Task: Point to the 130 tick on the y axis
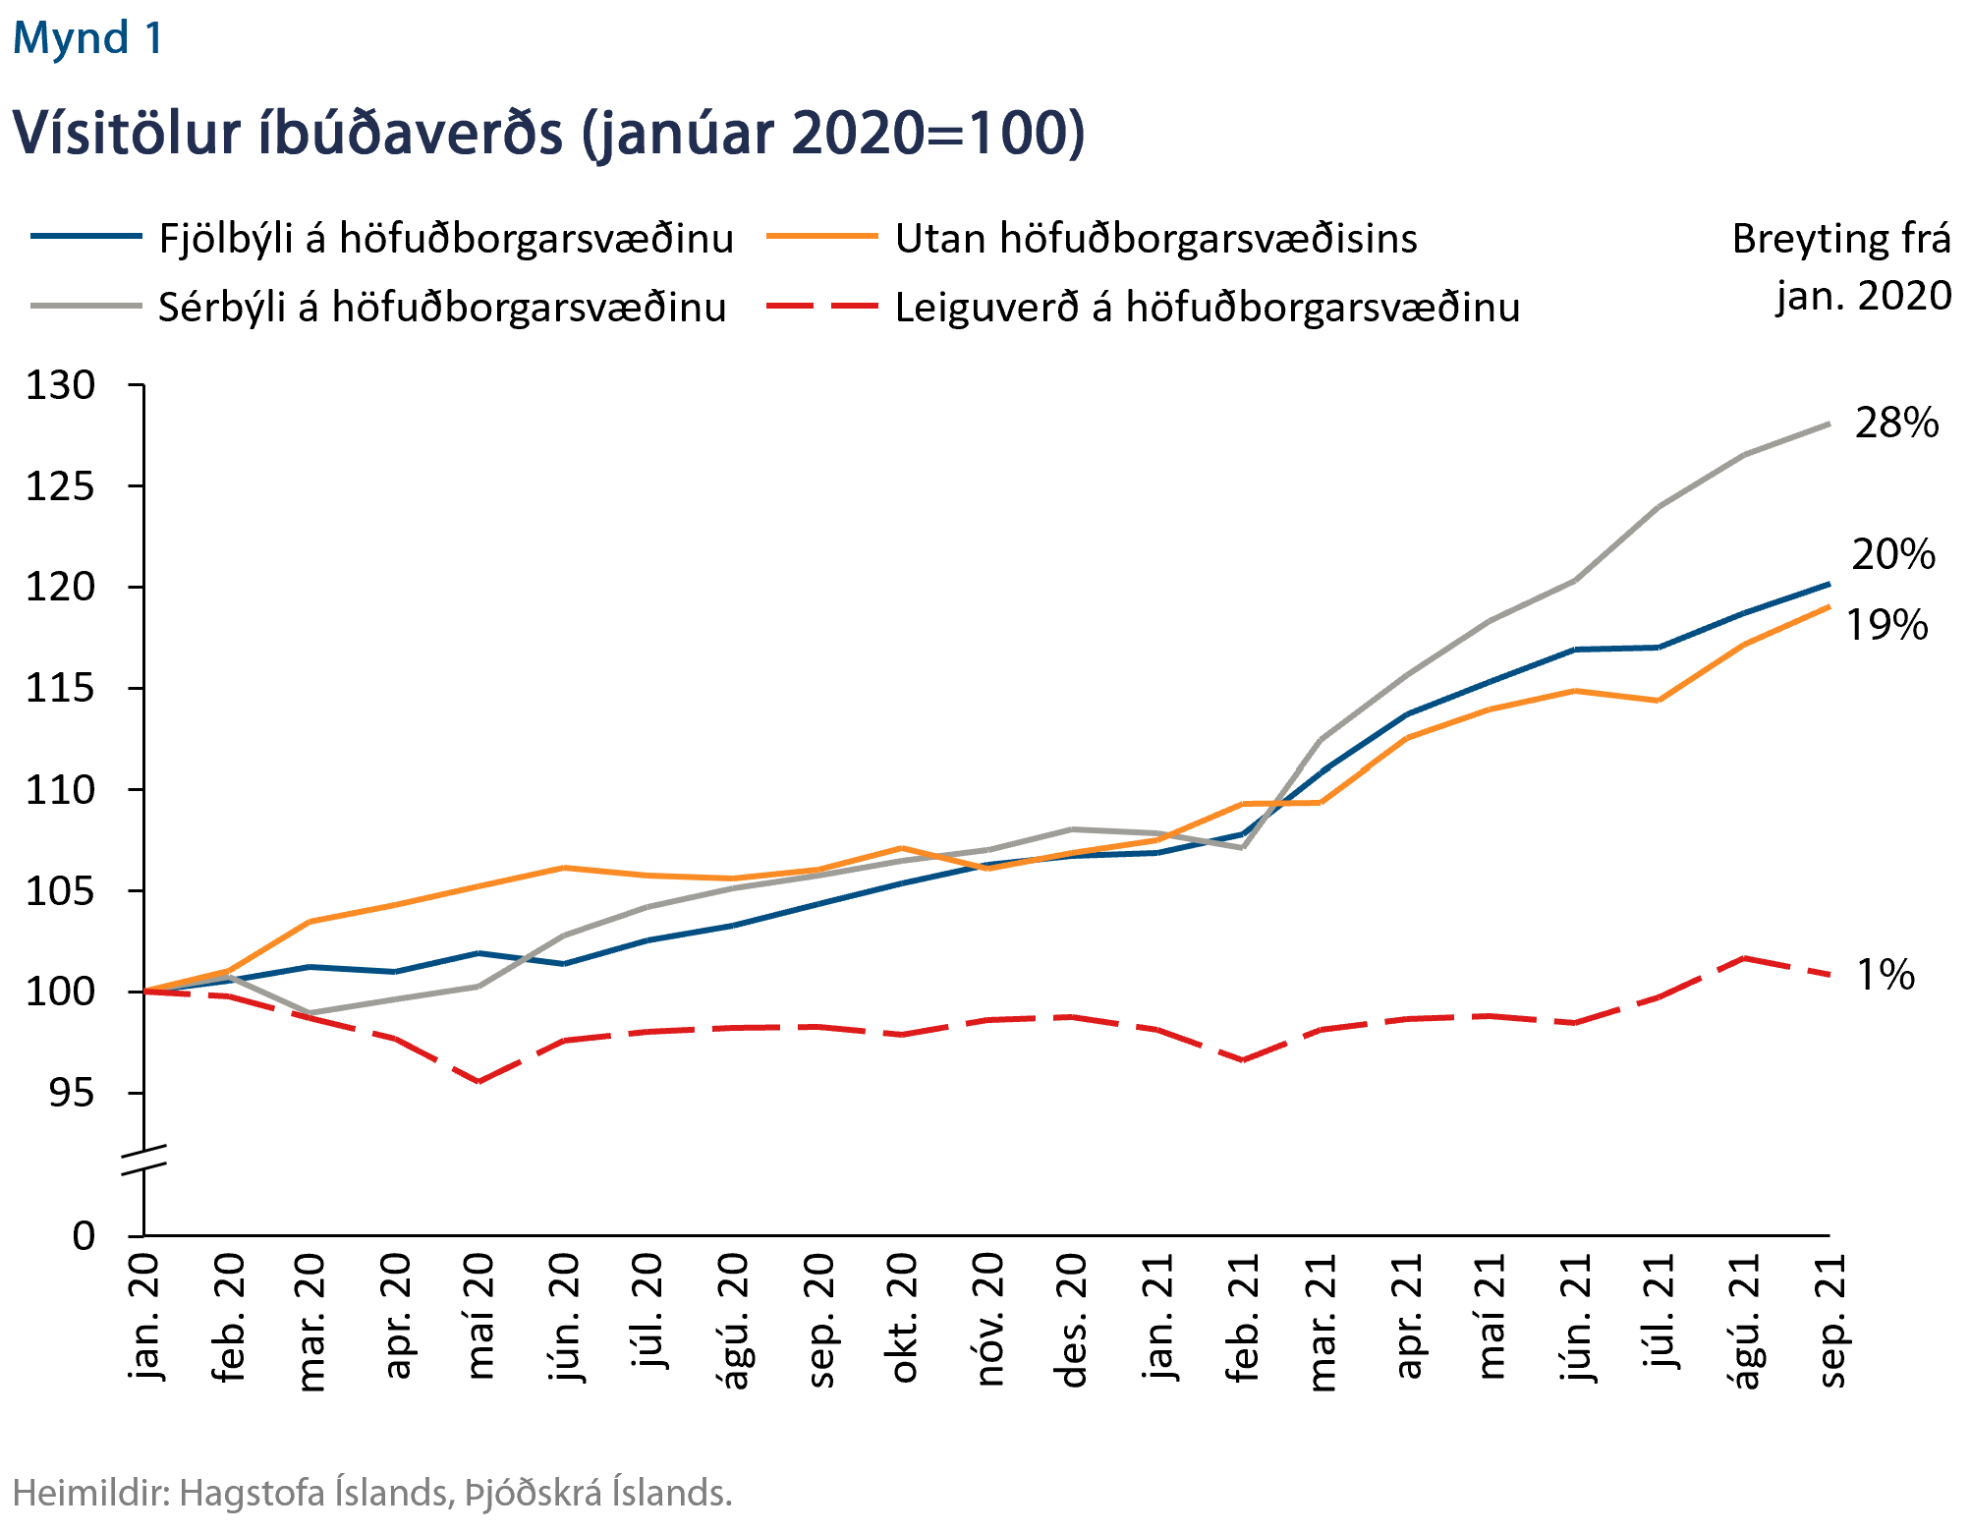tap(61, 385)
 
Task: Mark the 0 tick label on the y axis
tap(84, 1235)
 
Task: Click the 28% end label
tap(1896, 423)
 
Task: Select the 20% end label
tap(1893, 555)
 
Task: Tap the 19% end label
tap(1886, 626)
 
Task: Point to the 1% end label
tap(1886, 975)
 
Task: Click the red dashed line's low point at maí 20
tap(478, 1081)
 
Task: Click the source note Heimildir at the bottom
tap(371, 1493)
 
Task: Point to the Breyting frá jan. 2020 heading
tap(1841, 267)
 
